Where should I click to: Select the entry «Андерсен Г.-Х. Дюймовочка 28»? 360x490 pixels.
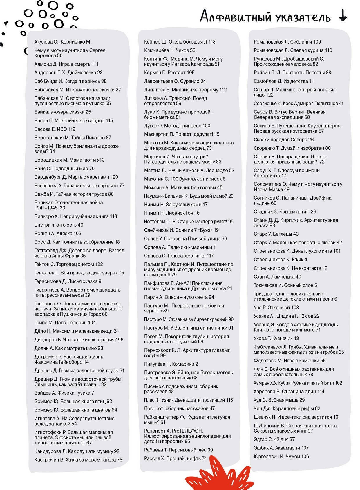click(x=68, y=73)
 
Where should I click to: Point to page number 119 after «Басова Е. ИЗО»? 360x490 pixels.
click(x=72, y=129)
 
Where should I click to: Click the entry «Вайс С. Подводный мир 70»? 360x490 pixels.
click(x=64, y=169)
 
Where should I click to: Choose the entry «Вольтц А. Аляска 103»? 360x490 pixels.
click(x=58, y=234)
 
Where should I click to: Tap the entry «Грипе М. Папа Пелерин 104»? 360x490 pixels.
click(x=65, y=323)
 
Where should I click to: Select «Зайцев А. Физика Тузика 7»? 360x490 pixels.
click(x=64, y=393)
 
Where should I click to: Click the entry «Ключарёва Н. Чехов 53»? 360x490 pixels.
click(x=170, y=50)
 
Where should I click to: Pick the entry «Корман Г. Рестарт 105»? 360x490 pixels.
click(x=169, y=73)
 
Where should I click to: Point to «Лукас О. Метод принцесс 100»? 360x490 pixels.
click(x=177, y=126)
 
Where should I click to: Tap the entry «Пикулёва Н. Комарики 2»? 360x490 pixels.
click(x=171, y=364)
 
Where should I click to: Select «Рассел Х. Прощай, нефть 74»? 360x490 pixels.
click(x=176, y=458)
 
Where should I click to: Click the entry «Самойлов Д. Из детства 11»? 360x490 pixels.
click(x=284, y=81)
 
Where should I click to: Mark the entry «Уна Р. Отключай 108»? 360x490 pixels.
click(x=276, y=308)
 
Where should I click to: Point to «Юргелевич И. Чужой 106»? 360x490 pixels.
click(x=281, y=456)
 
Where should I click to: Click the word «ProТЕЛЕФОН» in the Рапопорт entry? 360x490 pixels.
click(x=187, y=431)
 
